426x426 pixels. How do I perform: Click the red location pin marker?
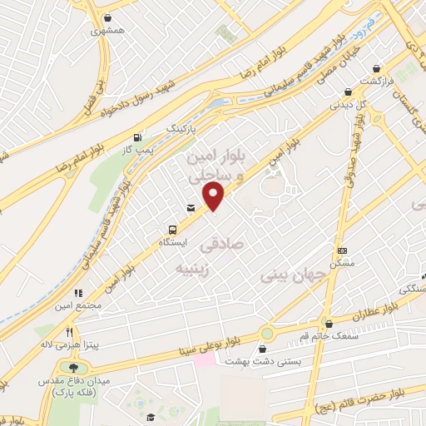pos(215,197)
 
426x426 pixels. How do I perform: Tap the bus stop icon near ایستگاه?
pos(172,229)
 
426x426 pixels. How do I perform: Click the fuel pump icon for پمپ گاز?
pos(137,138)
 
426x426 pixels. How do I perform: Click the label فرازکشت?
pos(376,81)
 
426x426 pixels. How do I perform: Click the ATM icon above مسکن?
pos(341,250)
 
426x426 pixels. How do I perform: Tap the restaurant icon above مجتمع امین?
pos(80,294)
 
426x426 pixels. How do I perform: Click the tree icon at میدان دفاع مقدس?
pos(73,369)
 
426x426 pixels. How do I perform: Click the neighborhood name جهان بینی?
pos(287,273)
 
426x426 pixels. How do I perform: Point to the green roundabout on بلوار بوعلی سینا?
pos(266,334)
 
